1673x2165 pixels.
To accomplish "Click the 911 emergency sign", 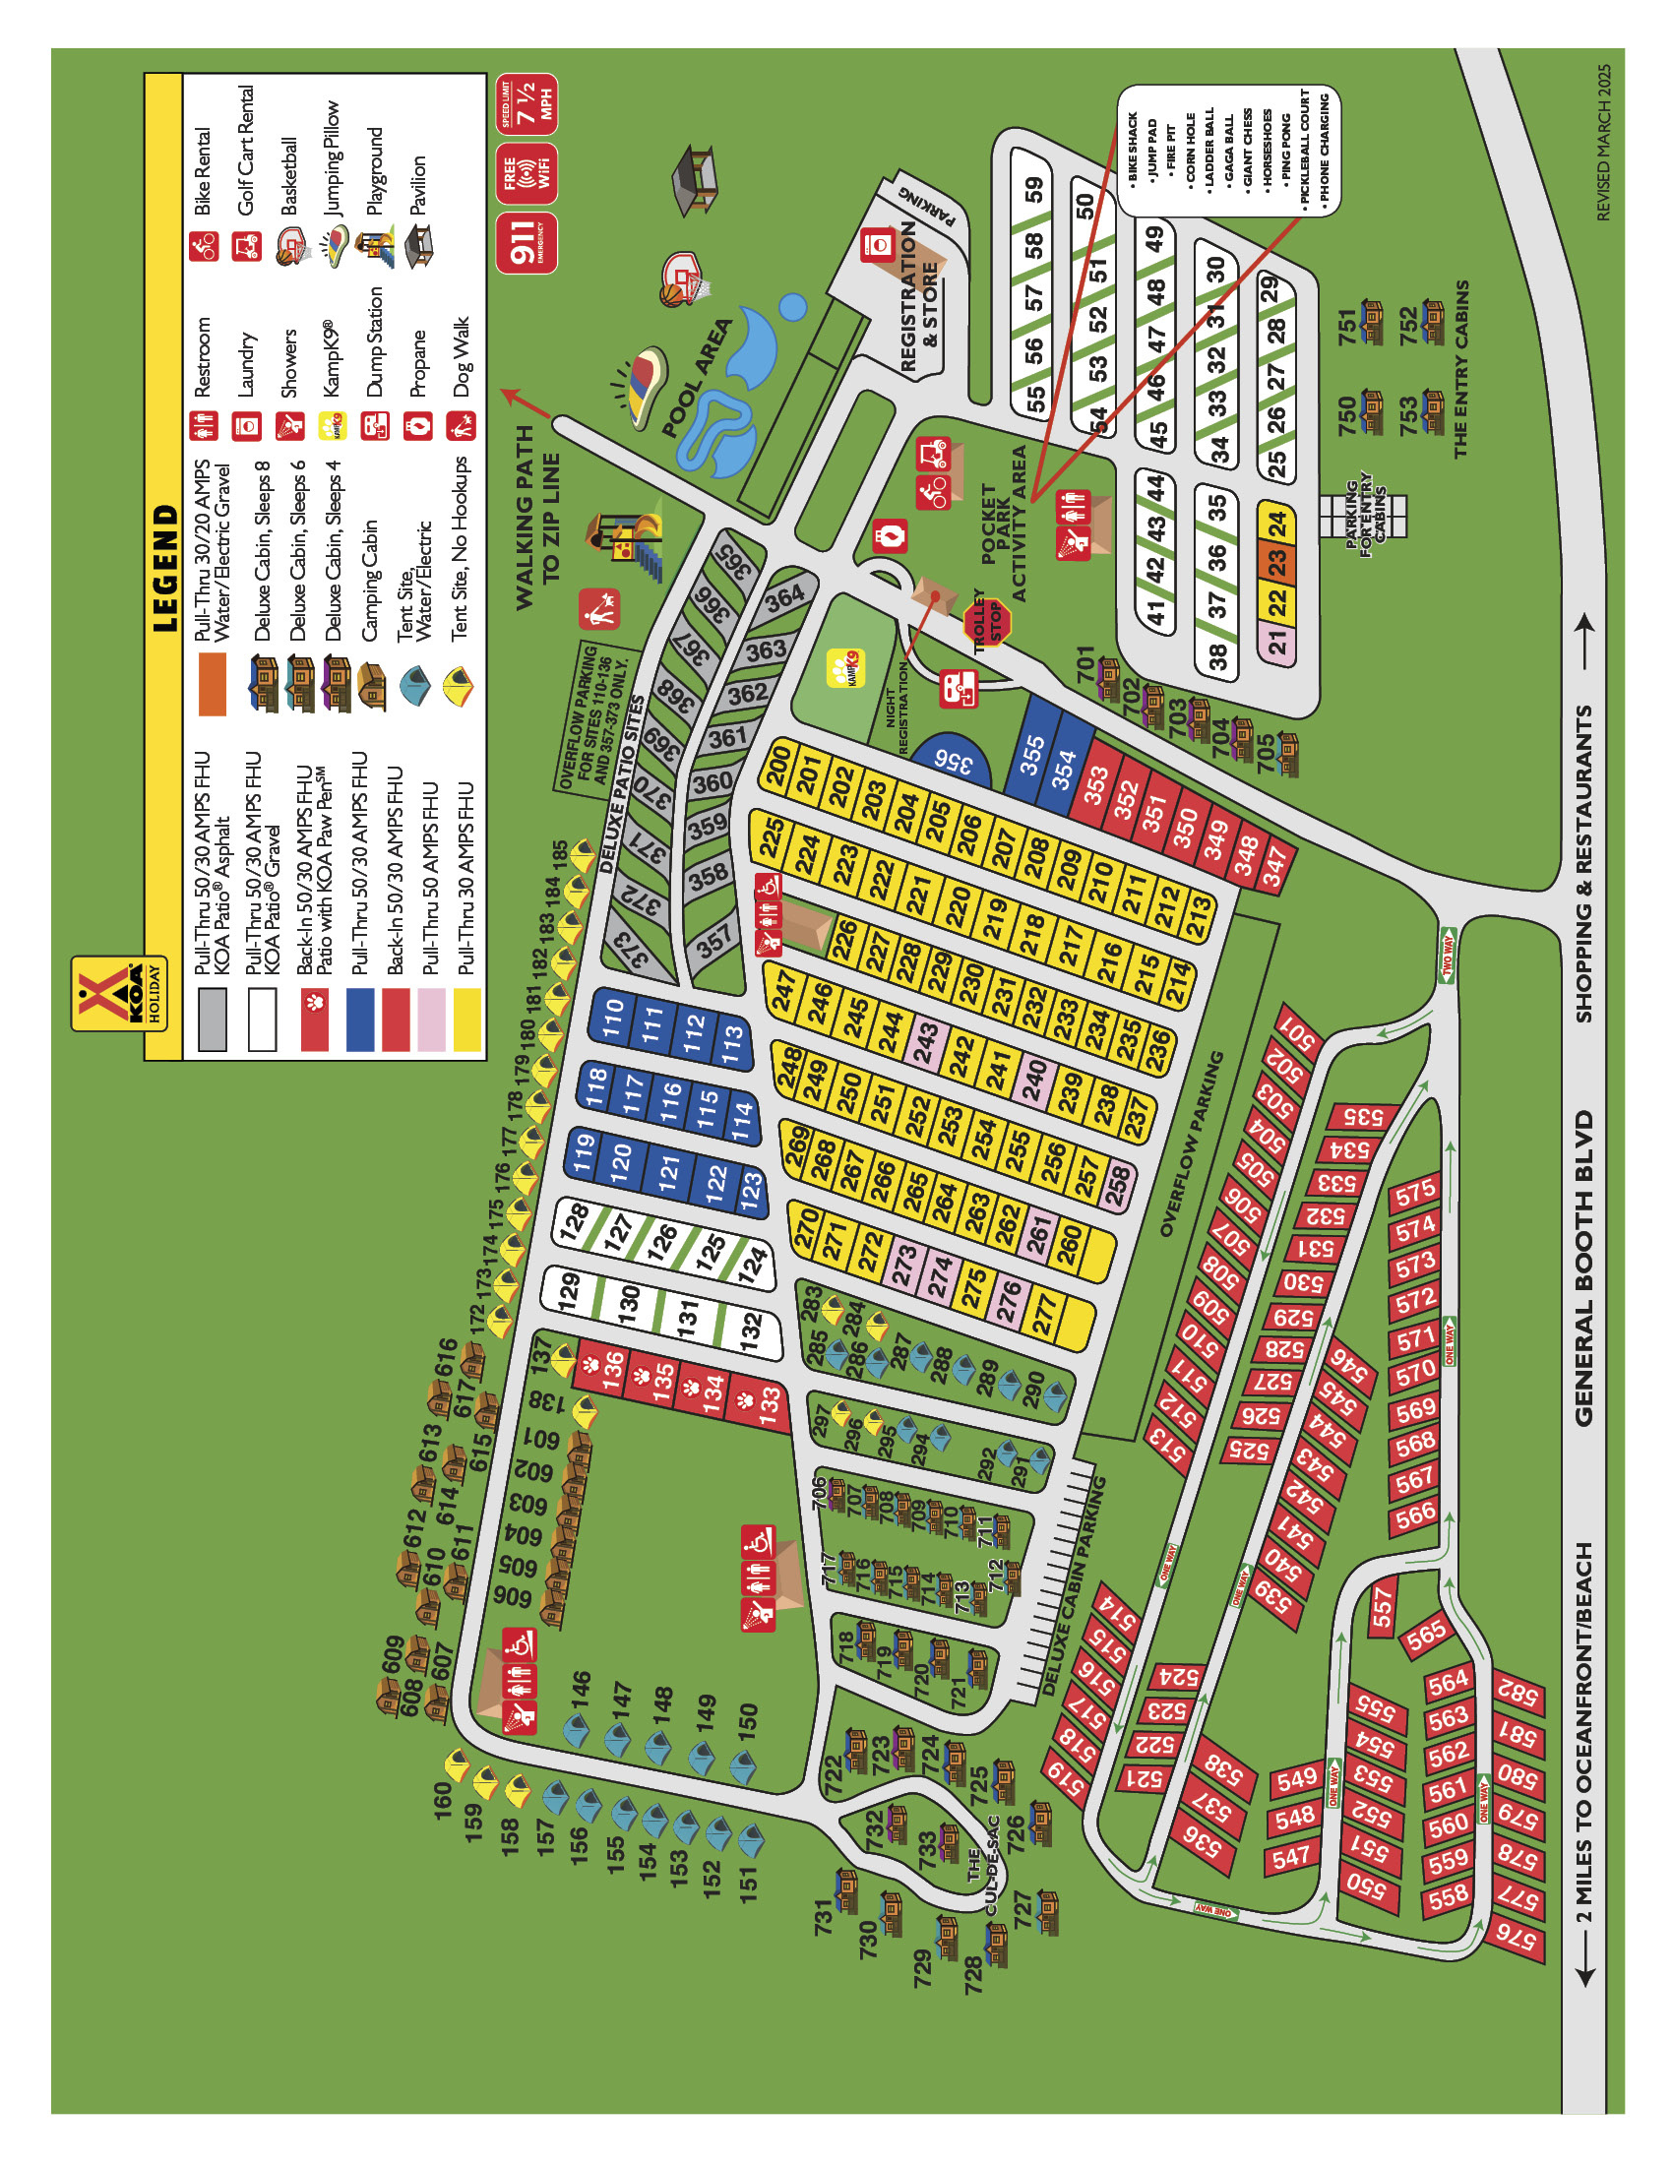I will click(x=526, y=242).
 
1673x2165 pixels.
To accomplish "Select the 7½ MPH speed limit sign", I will click(x=526, y=103).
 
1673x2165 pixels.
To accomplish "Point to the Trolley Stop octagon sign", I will click(x=987, y=624).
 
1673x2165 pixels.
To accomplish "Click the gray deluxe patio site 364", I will click(x=784, y=597).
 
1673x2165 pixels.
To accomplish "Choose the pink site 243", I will click(x=926, y=1044).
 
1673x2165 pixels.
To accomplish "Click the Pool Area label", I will click(x=697, y=377).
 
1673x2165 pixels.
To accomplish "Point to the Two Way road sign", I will click(x=1446, y=956).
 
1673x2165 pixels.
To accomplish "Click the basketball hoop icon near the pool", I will click(x=682, y=278).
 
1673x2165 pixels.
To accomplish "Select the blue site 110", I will click(x=613, y=1016).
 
